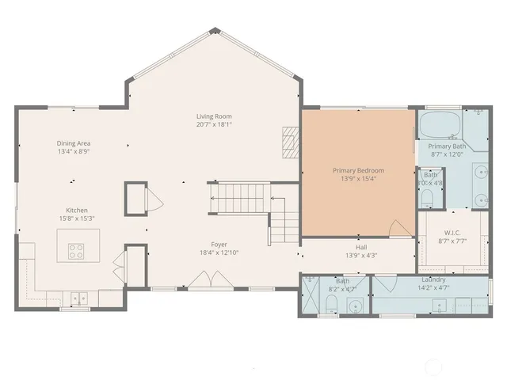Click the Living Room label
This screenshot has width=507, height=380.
214,116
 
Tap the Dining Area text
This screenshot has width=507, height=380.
73,143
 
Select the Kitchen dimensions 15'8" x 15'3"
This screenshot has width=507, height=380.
75,218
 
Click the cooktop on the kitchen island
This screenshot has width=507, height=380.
77,252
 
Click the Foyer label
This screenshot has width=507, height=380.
219,245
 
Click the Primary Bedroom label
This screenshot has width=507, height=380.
359,170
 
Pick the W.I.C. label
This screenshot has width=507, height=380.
452,233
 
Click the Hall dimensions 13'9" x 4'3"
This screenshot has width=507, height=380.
361,255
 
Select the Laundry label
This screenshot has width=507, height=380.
433,279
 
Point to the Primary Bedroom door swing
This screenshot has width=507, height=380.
401,227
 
